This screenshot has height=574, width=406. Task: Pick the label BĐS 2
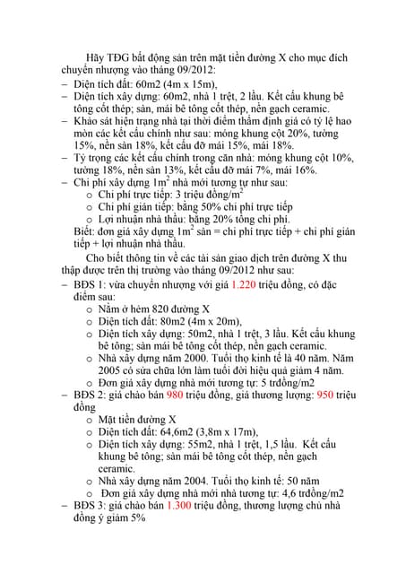[91, 394]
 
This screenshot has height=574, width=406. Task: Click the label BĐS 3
[91, 506]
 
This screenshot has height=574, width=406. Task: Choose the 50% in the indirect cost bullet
[209, 205]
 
